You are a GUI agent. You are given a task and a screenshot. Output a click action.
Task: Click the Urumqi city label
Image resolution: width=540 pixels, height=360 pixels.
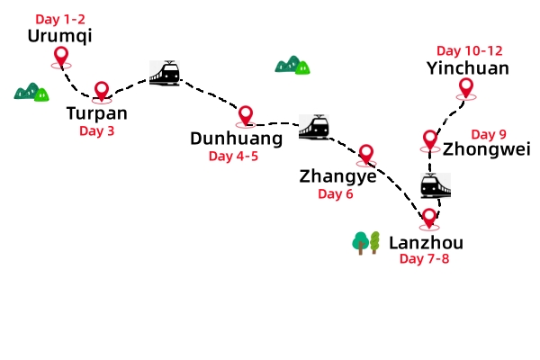pyautogui.click(x=60, y=36)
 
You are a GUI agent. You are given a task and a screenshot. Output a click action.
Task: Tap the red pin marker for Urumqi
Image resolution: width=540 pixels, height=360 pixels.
pyautogui.click(x=61, y=58)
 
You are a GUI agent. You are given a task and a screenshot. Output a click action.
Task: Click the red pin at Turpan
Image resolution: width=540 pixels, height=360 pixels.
pyautogui.click(x=102, y=91)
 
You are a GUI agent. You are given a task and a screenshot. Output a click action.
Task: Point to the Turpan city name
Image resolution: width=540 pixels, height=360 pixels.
pyautogui.click(x=97, y=113)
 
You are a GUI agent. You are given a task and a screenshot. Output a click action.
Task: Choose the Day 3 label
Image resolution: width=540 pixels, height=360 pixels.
pyautogui.click(x=97, y=130)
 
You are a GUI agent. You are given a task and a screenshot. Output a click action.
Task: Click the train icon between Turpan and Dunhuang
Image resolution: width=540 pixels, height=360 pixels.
pyautogui.click(x=165, y=73)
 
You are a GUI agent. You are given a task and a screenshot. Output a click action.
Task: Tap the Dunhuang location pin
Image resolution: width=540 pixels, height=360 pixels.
pyautogui.click(x=245, y=115)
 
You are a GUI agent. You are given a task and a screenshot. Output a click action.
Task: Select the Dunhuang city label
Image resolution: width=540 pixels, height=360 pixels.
pyautogui.click(x=236, y=138)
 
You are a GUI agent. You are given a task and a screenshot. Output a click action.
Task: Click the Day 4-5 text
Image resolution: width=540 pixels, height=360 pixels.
pyautogui.click(x=233, y=156)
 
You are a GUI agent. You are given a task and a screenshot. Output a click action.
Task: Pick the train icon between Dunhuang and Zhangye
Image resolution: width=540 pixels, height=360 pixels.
pyautogui.click(x=314, y=127)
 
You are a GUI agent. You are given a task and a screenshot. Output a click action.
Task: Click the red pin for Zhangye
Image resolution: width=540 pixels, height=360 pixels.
pyautogui.click(x=365, y=154)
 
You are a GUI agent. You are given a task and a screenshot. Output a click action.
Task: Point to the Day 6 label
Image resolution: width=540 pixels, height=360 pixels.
pyautogui.click(x=336, y=193)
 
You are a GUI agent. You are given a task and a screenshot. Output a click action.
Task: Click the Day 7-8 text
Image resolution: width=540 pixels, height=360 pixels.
pyautogui.click(x=425, y=259)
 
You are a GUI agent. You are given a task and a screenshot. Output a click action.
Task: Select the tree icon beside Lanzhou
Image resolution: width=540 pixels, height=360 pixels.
pyautogui.click(x=367, y=242)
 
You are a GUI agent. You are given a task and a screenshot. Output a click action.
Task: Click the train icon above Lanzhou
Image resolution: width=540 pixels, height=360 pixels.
pyautogui.click(x=435, y=185)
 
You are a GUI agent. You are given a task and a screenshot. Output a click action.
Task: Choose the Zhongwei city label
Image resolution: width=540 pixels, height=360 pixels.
pyautogui.click(x=487, y=149)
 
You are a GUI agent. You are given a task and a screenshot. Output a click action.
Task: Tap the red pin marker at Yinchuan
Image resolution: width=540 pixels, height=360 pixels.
pyautogui.click(x=465, y=87)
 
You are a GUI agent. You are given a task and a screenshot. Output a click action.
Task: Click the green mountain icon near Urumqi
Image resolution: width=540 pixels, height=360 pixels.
pyautogui.click(x=31, y=91)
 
